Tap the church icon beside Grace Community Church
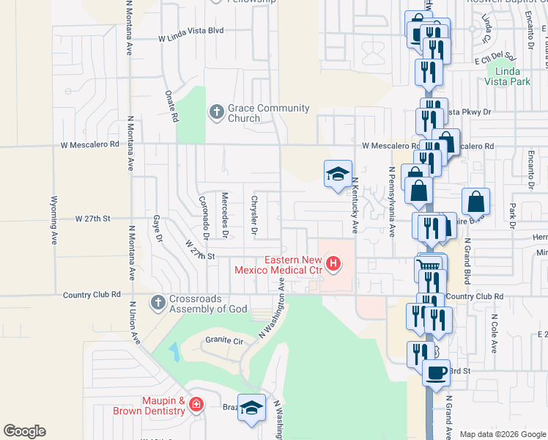(x=216, y=112)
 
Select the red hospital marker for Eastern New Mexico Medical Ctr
(x=334, y=263)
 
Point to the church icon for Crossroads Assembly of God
(x=158, y=302)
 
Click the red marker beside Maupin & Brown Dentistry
(x=196, y=404)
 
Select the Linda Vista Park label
(x=512, y=76)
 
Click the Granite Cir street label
(x=223, y=340)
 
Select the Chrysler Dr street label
(x=255, y=215)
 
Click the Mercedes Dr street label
(x=226, y=215)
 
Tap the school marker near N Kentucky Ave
(x=338, y=174)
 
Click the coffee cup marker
(x=436, y=372)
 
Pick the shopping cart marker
(x=430, y=266)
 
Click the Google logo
(x=24, y=431)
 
